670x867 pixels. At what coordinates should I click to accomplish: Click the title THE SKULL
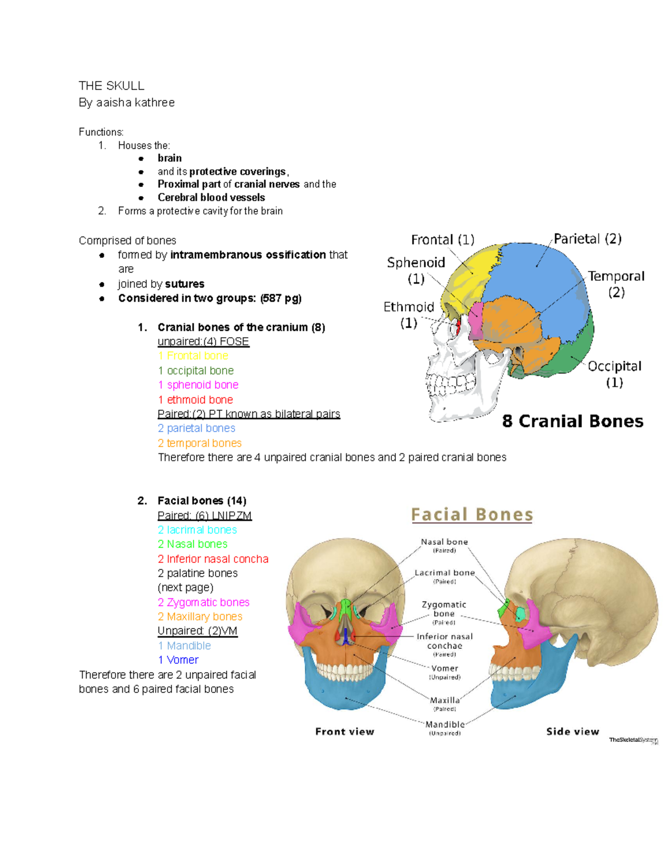[x=111, y=85]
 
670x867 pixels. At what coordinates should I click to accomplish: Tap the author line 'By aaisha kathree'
[x=127, y=103]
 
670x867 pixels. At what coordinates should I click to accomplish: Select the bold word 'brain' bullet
[x=169, y=158]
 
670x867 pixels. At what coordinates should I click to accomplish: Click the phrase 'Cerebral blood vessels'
[x=211, y=197]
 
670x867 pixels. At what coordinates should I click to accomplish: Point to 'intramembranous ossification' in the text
[x=248, y=255]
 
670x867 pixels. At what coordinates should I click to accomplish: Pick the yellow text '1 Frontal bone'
[x=193, y=356]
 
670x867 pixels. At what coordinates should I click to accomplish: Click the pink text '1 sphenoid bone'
[x=198, y=385]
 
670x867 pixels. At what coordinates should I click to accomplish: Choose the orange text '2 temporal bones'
[x=200, y=443]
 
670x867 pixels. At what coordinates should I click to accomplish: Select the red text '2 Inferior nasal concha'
[x=213, y=559]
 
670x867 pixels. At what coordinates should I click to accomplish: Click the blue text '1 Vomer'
[x=178, y=660]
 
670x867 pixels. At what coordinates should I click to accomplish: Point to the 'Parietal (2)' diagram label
[x=587, y=239]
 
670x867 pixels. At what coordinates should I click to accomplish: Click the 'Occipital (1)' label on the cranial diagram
[x=614, y=373]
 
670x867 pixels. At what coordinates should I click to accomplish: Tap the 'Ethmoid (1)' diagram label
[x=409, y=314]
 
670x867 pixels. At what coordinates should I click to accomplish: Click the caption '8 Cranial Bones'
[x=572, y=421]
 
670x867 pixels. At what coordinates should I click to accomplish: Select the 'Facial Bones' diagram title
[x=472, y=514]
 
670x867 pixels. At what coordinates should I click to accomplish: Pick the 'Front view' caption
[x=344, y=731]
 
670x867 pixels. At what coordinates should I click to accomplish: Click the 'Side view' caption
[x=572, y=731]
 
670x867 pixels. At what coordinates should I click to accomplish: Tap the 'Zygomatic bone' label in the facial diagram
[x=444, y=609]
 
